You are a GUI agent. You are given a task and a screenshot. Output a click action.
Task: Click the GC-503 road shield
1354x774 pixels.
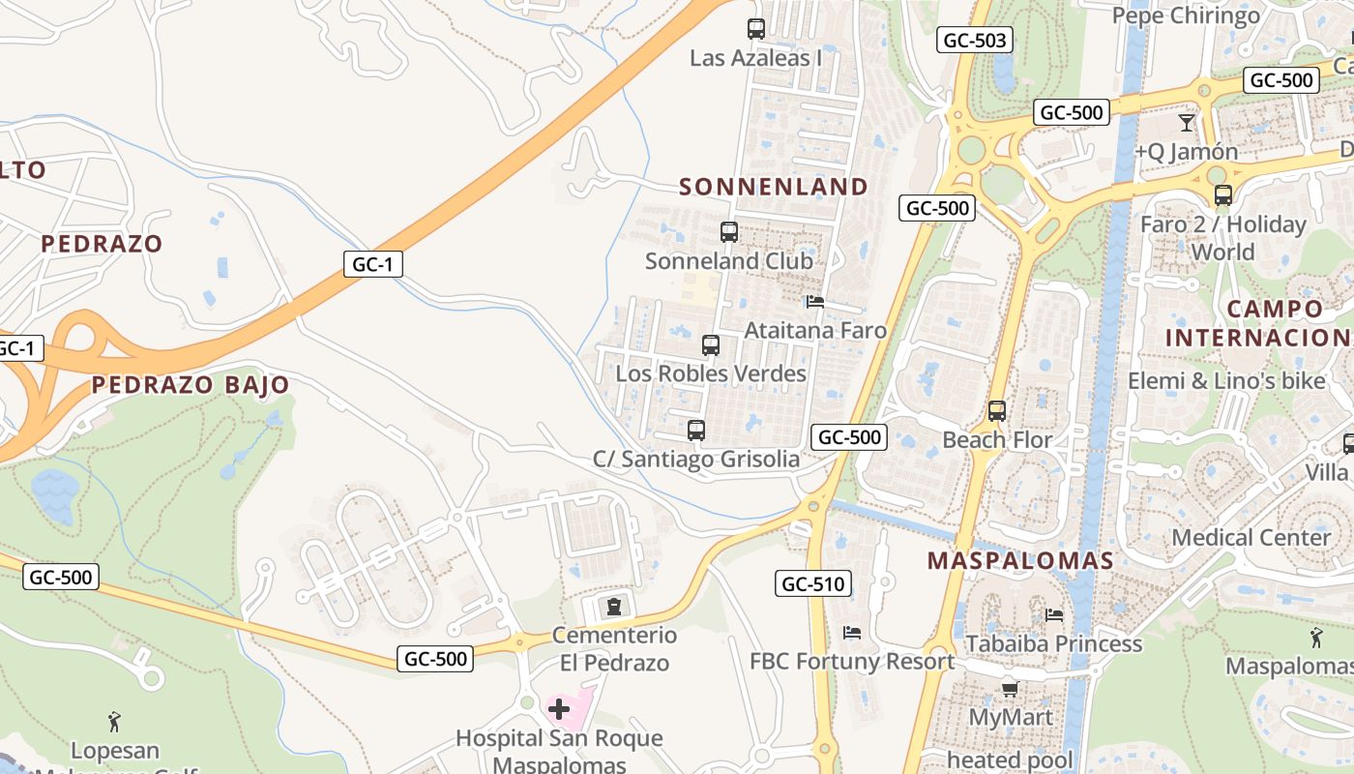(x=974, y=40)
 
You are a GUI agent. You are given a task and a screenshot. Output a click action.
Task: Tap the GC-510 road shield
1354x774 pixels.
(x=812, y=583)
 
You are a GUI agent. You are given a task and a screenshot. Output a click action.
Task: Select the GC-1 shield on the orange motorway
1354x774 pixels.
(x=372, y=264)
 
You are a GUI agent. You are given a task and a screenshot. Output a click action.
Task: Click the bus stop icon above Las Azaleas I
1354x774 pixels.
(x=756, y=29)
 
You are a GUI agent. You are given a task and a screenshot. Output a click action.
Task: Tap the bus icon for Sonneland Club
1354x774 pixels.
(x=729, y=232)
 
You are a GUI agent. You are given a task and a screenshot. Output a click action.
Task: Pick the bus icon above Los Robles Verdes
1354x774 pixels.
(x=711, y=345)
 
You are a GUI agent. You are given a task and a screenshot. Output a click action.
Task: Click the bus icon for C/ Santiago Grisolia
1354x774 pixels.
(x=696, y=431)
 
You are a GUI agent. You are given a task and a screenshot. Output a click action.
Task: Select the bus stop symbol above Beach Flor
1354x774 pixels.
(x=997, y=411)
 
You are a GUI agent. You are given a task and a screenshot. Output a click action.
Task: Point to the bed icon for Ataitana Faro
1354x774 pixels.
(x=815, y=302)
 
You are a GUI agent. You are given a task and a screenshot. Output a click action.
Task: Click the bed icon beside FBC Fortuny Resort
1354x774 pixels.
(x=852, y=633)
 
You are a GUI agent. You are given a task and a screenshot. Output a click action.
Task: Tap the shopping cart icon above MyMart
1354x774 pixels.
(x=1010, y=689)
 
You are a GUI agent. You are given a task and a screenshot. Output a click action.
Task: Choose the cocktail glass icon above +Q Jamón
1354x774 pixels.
(x=1187, y=123)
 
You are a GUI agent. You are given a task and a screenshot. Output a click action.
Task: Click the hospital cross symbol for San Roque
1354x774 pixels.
(x=559, y=709)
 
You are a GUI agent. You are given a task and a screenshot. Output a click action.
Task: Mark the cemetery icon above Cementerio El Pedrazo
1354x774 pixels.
(x=613, y=607)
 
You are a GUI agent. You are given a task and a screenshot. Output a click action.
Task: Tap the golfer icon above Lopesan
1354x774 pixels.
(x=115, y=721)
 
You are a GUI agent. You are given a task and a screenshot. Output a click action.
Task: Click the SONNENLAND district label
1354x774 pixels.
(x=774, y=187)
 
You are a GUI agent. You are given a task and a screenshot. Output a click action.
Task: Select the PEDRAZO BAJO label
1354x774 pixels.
(x=191, y=385)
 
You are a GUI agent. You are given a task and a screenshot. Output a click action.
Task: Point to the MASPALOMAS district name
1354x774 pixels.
(x=1020, y=560)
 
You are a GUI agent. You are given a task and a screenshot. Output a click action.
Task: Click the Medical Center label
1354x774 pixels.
(x=1251, y=537)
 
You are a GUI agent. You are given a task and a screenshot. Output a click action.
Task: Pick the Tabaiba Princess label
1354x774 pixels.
(x=1053, y=643)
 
